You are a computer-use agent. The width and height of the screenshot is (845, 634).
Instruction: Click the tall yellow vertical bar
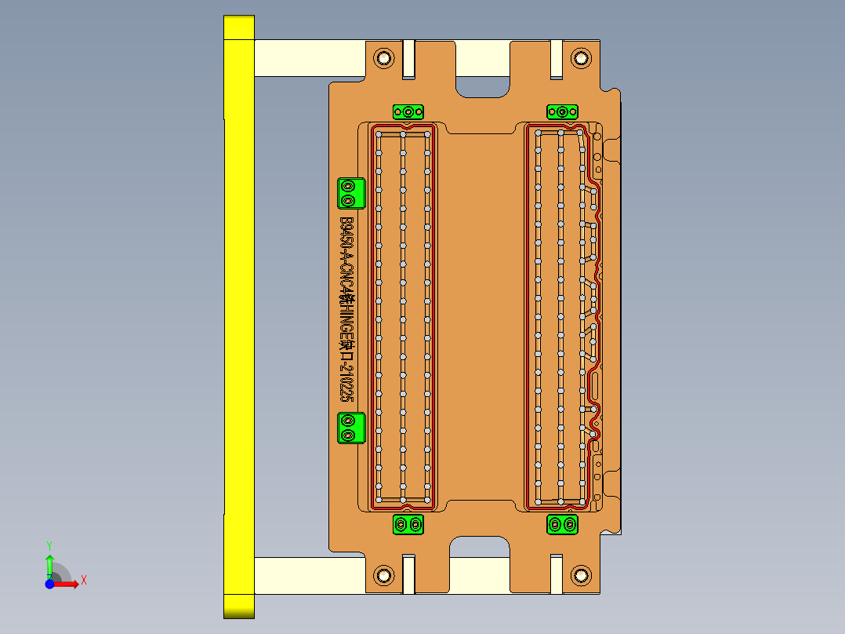pos(238,314)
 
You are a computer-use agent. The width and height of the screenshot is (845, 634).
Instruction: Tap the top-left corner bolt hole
pos(384,57)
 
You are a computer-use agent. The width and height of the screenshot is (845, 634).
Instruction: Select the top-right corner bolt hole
pos(580,57)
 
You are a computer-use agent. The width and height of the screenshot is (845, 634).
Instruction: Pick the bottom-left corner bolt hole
pos(384,575)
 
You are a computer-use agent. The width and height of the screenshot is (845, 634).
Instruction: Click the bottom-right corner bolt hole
pos(580,575)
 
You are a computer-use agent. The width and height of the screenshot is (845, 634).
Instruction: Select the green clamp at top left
pos(408,112)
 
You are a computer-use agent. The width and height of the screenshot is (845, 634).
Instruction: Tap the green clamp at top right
pos(562,112)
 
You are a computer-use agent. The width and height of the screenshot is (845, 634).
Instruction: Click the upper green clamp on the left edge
pos(350,193)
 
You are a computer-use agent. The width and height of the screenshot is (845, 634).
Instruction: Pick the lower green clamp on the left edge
pos(350,428)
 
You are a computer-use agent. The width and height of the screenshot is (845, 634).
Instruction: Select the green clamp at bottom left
pos(408,524)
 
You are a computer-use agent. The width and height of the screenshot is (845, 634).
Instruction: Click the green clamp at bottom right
pos(562,524)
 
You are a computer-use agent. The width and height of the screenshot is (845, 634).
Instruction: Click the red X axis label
pos(83,580)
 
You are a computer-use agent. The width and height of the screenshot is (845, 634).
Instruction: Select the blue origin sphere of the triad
pos(49,584)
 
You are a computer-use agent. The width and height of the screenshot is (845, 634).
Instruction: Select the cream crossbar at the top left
pos(310,59)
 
